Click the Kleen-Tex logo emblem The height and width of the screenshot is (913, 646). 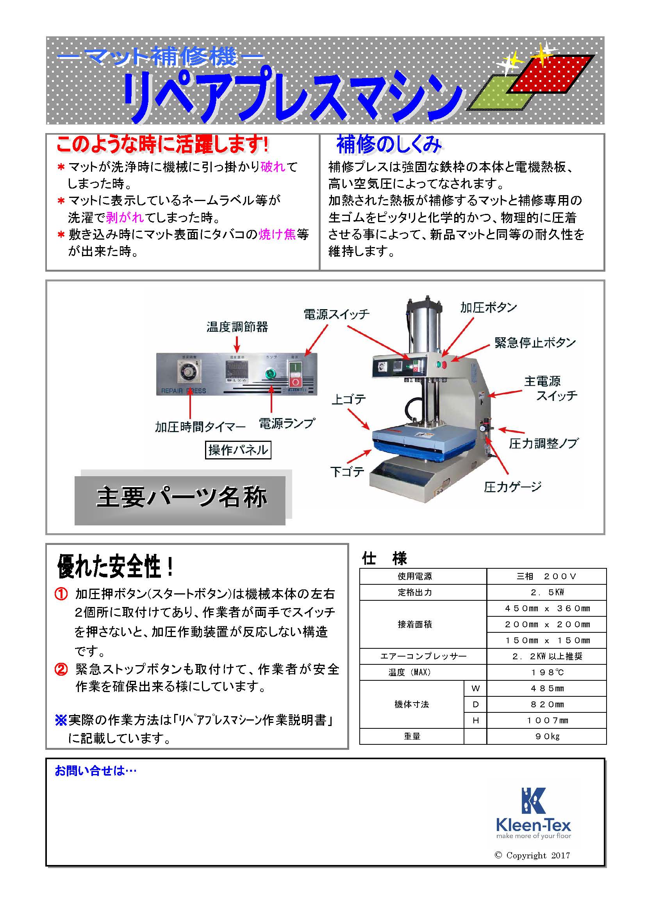pos(533,800)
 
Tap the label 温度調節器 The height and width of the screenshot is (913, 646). pos(237,327)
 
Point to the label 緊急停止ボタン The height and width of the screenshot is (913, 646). pos(535,342)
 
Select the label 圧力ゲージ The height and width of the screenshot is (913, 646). pos(513,486)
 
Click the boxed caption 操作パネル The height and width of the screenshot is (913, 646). pos(238,450)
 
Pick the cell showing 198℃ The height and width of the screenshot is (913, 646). pos(546,672)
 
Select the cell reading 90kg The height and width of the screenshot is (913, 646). pos(546,736)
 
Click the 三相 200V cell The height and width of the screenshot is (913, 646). pos(546,576)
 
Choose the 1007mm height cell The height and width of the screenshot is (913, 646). pos(546,720)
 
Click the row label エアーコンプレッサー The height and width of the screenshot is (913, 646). pos(423,656)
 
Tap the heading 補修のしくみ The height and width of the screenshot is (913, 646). pos(389,144)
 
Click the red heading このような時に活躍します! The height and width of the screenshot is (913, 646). pos(162,144)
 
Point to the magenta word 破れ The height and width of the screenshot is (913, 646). pos(273,167)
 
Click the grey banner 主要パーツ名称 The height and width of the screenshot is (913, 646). pos(180,497)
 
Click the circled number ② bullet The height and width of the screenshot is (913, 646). pos(61,669)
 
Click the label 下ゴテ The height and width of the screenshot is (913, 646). pos(347,472)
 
